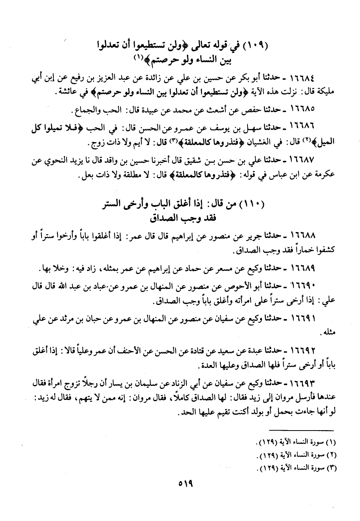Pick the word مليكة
coord(325,92)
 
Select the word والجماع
coord(82,113)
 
